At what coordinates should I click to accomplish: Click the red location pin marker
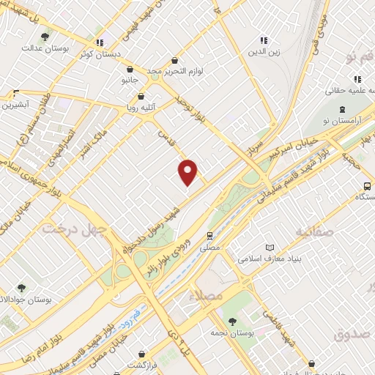(189, 172)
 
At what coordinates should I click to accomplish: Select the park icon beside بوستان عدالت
(46, 36)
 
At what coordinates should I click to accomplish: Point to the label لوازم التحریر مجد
(174, 71)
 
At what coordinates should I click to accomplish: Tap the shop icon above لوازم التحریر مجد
(174, 60)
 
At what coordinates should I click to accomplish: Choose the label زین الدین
(264, 51)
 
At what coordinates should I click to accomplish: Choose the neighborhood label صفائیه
(315, 232)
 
